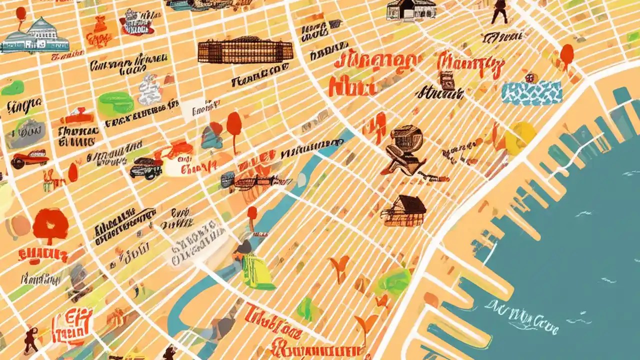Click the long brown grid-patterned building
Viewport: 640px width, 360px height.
tap(245, 51)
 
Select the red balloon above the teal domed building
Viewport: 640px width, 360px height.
tap(21, 13)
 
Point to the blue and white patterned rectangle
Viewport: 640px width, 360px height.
tap(531, 93)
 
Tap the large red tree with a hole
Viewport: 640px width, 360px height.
tap(50, 225)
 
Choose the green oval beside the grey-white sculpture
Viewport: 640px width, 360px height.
tap(115, 104)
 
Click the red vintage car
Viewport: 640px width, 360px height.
tap(30, 159)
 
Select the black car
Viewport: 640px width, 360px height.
tap(146, 168)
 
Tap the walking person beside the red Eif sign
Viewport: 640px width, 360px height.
tap(31, 339)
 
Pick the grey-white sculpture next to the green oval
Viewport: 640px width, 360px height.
tap(149, 90)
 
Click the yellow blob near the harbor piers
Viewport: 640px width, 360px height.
tap(520, 137)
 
